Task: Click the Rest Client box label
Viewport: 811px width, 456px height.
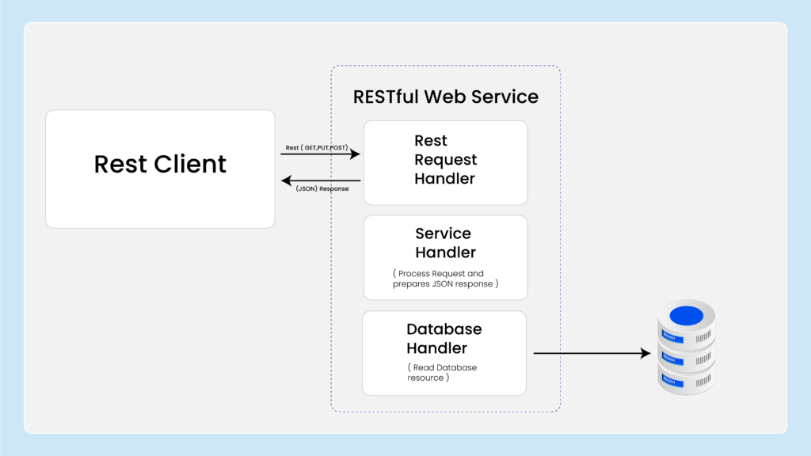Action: tap(160, 164)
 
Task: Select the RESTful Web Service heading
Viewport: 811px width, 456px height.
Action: tap(445, 97)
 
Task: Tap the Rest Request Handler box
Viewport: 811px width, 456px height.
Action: tap(445, 163)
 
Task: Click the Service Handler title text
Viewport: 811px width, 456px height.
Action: tap(445, 243)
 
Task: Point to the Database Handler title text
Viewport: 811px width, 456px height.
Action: tap(444, 339)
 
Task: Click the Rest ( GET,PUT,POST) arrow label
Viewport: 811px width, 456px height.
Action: tap(317, 148)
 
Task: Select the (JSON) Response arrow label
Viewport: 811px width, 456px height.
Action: tap(322, 188)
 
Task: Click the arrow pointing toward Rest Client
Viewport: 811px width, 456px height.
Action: tap(321, 180)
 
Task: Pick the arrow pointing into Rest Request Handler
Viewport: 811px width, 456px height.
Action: tap(321, 154)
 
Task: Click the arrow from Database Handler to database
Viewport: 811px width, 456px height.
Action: tap(592, 353)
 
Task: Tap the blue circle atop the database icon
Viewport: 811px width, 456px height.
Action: tap(687, 315)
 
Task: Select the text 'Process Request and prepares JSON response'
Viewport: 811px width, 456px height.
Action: tap(445, 279)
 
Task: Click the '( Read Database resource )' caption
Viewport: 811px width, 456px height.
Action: tap(442, 372)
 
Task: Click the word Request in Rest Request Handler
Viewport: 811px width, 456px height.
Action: tap(445, 160)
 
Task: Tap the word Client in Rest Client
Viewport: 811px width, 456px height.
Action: tap(190, 164)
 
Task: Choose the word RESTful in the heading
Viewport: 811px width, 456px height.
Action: tap(386, 97)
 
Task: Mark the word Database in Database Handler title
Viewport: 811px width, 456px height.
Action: tap(444, 329)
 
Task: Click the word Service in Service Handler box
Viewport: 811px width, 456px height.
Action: tap(444, 234)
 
